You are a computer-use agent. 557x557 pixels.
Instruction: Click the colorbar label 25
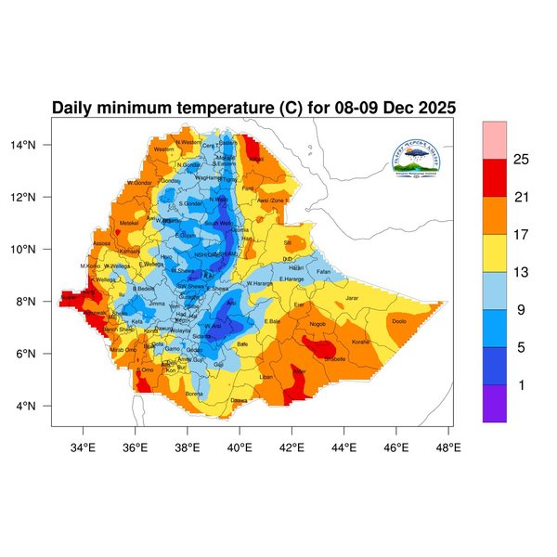tap(522, 160)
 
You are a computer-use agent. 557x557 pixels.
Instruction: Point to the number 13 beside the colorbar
tap(522, 272)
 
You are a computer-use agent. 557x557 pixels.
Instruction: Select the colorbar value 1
tap(522, 384)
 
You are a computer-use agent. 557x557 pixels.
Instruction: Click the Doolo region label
tap(398, 321)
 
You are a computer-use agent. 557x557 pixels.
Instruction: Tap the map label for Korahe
tap(360, 342)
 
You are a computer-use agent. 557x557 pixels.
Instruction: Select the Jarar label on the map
tap(352, 298)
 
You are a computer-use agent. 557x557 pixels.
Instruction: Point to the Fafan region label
tap(323, 272)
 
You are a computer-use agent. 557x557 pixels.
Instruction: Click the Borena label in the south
tap(194, 394)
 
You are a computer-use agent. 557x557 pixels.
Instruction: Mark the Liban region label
tap(266, 378)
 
